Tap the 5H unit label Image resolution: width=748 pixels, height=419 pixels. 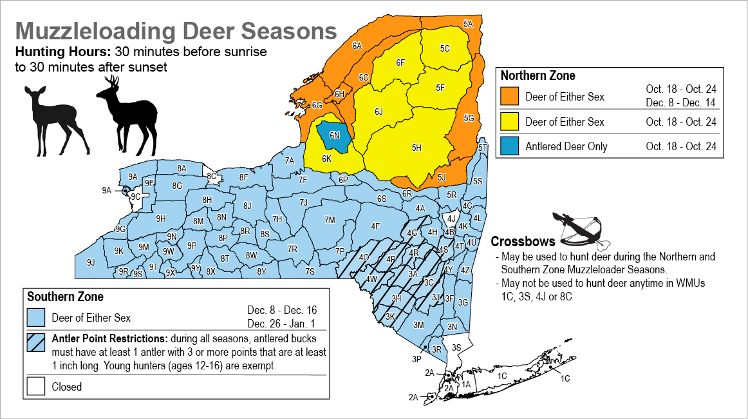(x=416, y=148)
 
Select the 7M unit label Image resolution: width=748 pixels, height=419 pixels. (x=330, y=220)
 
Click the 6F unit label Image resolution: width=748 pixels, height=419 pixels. (x=400, y=63)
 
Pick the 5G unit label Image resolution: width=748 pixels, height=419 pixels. (x=468, y=118)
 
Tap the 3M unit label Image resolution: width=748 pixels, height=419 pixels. (x=418, y=325)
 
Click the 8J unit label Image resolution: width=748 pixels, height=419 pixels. (x=247, y=206)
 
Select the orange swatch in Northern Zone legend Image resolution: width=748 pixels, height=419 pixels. (x=510, y=97)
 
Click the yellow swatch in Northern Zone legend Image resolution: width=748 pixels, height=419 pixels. (x=510, y=122)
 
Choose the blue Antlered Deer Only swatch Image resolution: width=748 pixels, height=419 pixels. (x=510, y=146)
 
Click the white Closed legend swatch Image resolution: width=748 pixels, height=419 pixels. (x=36, y=387)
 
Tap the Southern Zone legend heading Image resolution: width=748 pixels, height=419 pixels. (x=65, y=297)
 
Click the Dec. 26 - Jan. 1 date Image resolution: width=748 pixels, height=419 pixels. (x=282, y=324)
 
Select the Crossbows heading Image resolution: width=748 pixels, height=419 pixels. (x=523, y=242)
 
